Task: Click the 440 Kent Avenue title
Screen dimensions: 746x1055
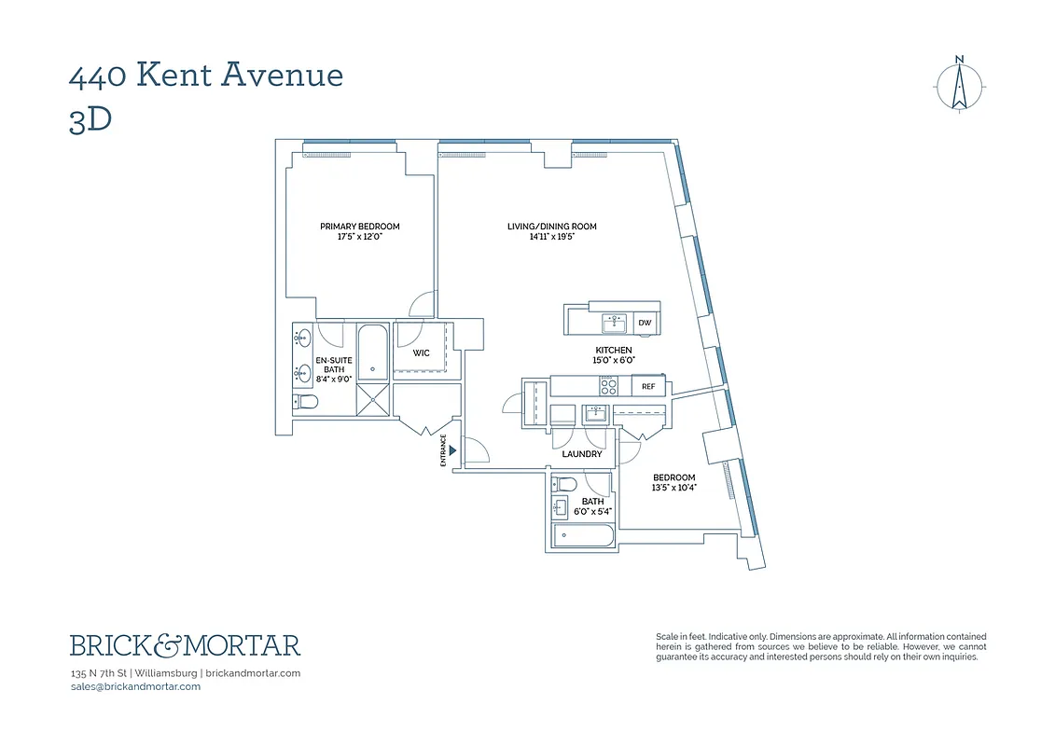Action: (x=206, y=75)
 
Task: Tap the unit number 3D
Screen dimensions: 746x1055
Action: (x=90, y=120)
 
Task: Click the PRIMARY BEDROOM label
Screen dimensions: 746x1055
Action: (x=359, y=227)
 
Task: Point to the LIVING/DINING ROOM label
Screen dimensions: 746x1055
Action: (x=551, y=227)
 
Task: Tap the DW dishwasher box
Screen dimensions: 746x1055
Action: (x=645, y=324)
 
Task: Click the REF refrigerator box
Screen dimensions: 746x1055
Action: (x=647, y=385)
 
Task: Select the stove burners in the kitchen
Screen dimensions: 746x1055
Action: (x=607, y=385)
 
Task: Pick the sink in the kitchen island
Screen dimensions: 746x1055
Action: (x=613, y=323)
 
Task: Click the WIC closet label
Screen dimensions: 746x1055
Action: (x=421, y=353)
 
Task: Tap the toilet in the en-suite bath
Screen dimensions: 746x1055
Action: (x=306, y=402)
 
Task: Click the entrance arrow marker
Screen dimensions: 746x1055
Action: (x=452, y=450)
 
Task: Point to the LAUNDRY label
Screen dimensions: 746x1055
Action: (x=582, y=454)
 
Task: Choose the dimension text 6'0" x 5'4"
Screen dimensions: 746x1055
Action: (x=592, y=511)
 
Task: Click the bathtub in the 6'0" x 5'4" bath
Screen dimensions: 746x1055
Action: (x=583, y=536)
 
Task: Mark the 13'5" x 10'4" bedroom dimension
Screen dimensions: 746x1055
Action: (x=673, y=487)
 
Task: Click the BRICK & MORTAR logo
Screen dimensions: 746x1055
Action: (x=185, y=645)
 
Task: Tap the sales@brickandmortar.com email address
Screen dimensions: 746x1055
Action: (x=135, y=686)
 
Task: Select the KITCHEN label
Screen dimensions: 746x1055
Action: (x=614, y=350)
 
